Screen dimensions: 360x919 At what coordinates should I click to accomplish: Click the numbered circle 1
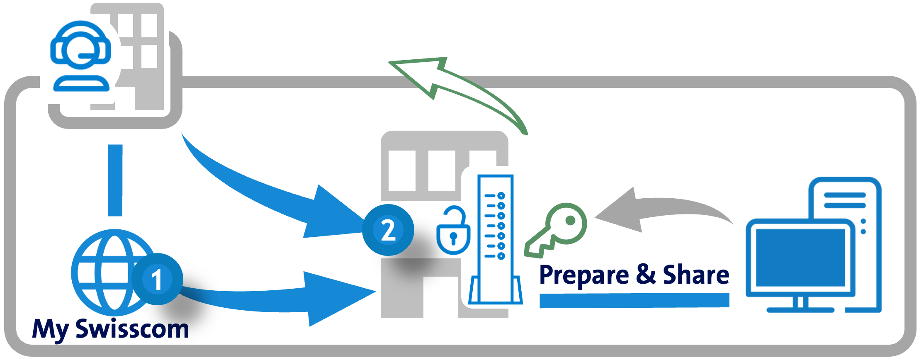tap(157, 279)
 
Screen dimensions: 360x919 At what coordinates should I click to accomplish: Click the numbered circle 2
tap(388, 230)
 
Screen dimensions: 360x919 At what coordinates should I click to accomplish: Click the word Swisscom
tap(132, 329)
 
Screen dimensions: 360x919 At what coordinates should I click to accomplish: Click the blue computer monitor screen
tap(800, 258)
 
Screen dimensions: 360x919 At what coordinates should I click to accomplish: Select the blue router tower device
tap(495, 241)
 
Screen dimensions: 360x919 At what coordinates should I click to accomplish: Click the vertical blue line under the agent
tap(115, 180)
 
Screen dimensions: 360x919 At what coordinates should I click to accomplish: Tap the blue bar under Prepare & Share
tap(634, 300)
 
